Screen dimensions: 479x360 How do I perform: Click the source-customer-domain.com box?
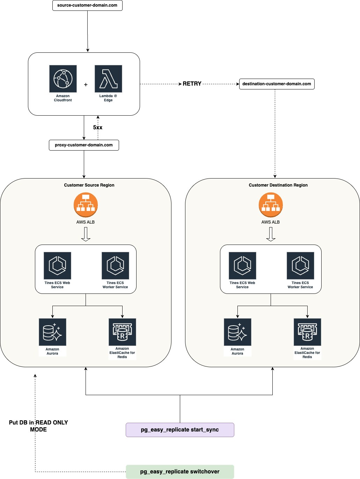tap(87, 6)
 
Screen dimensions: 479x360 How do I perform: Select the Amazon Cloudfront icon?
tap(63, 79)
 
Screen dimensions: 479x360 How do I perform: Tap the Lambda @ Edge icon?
tap(108, 79)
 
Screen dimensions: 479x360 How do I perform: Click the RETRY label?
tap(192, 84)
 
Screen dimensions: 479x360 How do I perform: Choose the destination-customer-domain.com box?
tap(277, 84)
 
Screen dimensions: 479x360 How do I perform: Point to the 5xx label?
tap(98, 128)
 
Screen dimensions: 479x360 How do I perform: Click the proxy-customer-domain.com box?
tap(84, 145)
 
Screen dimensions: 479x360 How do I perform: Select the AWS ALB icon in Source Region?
tap(86, 205)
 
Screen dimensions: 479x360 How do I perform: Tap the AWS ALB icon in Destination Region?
tap(271, 205)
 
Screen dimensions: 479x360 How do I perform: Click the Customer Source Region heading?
tap(89, 185)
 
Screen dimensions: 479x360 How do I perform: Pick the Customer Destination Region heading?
tap(278, 185)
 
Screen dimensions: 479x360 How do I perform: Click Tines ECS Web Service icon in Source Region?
tap(57, 266)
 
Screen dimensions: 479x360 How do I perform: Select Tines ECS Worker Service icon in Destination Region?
tap(300, 266)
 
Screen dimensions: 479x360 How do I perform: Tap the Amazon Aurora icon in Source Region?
tap(52, 332)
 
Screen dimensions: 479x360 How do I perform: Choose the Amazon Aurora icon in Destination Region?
tap(237, 332)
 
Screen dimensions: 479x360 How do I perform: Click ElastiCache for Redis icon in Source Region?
tap(122, 332)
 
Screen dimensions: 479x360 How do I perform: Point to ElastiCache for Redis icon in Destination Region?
tap(307, 332)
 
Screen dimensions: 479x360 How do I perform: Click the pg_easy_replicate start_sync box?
tap(180, 430)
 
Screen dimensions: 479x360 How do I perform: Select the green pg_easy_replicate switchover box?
tap(180, 472)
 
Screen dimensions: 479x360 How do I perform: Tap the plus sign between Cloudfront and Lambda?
tap(86, 85)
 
